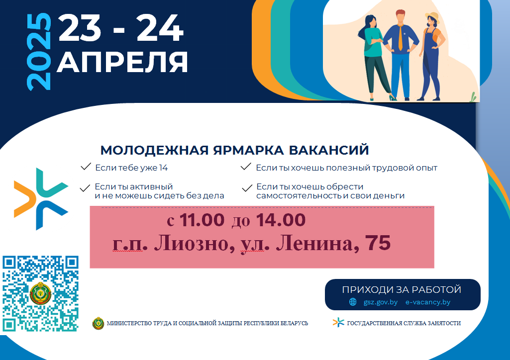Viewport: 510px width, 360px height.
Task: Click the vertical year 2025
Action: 39,52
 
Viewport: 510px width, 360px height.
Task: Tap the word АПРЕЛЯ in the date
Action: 122,62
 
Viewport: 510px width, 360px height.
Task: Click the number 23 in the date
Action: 80,28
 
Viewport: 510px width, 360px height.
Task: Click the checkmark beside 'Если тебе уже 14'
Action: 86,167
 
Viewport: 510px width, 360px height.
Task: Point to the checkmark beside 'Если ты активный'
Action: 85,188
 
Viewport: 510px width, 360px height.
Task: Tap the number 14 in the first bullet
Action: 163,168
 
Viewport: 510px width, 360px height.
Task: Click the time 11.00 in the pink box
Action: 202,220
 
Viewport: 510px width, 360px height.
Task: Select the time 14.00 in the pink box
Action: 281,220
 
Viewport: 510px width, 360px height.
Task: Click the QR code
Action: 41,294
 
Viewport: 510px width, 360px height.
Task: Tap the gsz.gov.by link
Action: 381,302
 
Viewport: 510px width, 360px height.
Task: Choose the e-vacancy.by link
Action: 428,302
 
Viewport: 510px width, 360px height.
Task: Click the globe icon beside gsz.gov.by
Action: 353,302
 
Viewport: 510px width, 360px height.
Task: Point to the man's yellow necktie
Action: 401,38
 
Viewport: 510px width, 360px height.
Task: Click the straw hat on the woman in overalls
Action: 432,17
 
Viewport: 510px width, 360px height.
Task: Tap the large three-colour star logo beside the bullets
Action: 41,199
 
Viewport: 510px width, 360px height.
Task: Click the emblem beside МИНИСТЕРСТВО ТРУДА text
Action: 98,323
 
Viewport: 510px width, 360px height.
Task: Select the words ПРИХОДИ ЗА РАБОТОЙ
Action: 402,289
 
